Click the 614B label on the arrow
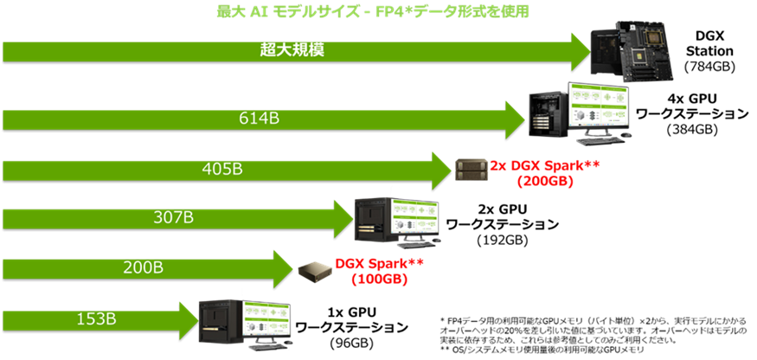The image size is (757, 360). pyautogui.click(x=259, y=118)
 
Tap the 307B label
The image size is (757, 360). pyautogui.click(x=173, y=217)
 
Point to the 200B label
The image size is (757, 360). pyautogui.click(x=141, y=267)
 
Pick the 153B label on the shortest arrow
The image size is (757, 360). pyautogui.click(x=94, y=318)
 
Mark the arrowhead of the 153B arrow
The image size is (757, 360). pyautogui.click(x=188, y=318)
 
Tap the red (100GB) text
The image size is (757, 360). pyautogui.click(x=379, y=280)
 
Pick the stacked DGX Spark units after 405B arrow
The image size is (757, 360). pyautogui.click(x=471, y=170)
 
